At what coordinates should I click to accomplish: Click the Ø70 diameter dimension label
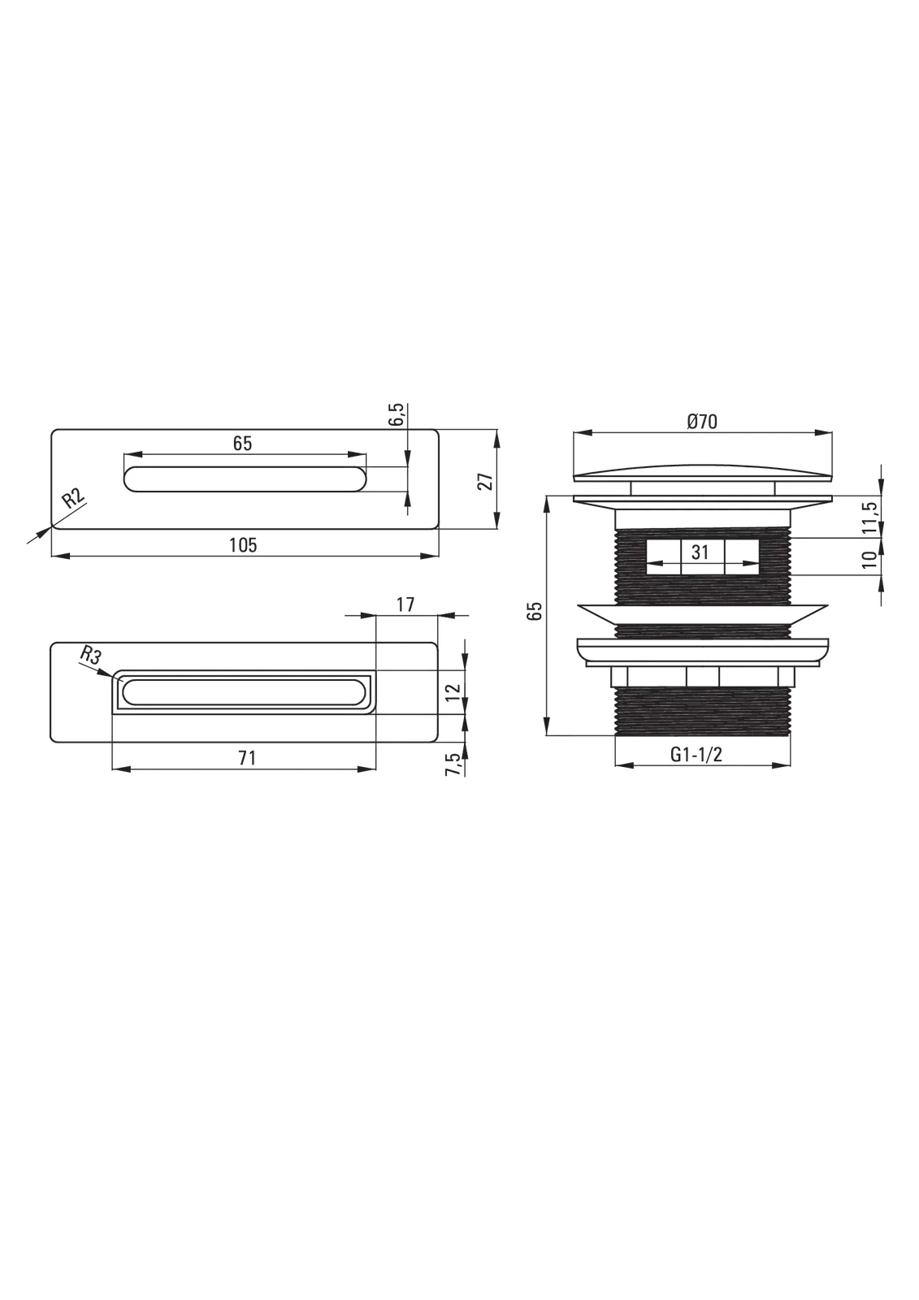pyautogui.click(x=701, y=422)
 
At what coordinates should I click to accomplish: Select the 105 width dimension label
pyautogui.click(x=243, y=545)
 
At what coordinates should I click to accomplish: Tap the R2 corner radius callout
pyautogui.click(x=74, y=499)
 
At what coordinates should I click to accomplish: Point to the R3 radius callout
pyautogui.click(x=90, y=656)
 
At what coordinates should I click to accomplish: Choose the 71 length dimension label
pyautogui.click(x=247, y=758)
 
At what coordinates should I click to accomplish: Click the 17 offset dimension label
pyautogui.click(x=405, y=604)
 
